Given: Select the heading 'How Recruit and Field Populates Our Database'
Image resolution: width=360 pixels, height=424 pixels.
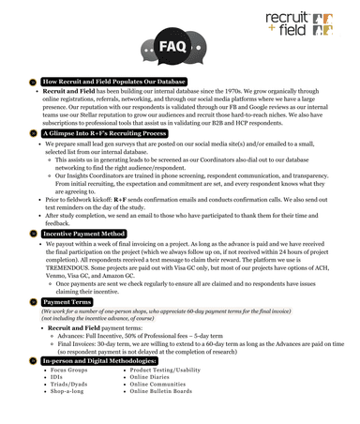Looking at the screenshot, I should coord(113,83).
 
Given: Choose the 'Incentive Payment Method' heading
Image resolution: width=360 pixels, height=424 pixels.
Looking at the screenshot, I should coord(84,232).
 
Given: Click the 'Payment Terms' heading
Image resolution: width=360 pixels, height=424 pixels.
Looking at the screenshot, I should coord(67,302).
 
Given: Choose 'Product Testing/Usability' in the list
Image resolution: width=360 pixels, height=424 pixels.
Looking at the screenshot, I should coord(165,370).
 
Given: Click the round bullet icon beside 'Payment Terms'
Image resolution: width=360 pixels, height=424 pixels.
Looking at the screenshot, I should coord(32,302).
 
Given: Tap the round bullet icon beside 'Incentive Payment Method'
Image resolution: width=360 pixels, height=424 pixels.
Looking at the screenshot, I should coord(32,232).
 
